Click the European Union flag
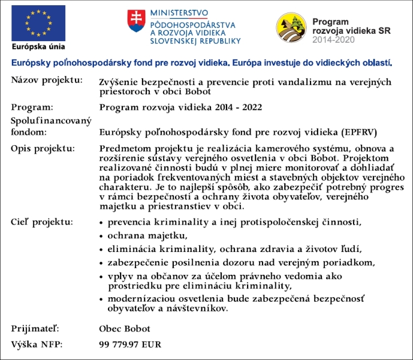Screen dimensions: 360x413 point(37,23)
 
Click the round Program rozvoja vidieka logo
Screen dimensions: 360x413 point(292,28)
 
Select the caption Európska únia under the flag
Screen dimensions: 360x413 point(38,47)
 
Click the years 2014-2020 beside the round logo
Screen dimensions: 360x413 point(333,39)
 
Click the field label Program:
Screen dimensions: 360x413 point(32,107)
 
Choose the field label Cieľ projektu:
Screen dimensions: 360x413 point(42,221)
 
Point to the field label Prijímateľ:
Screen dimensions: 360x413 point(35,329)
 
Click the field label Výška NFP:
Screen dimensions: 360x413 point(37,345)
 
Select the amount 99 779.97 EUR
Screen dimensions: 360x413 point(130,345)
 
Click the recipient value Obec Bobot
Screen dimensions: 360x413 point(125,329)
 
